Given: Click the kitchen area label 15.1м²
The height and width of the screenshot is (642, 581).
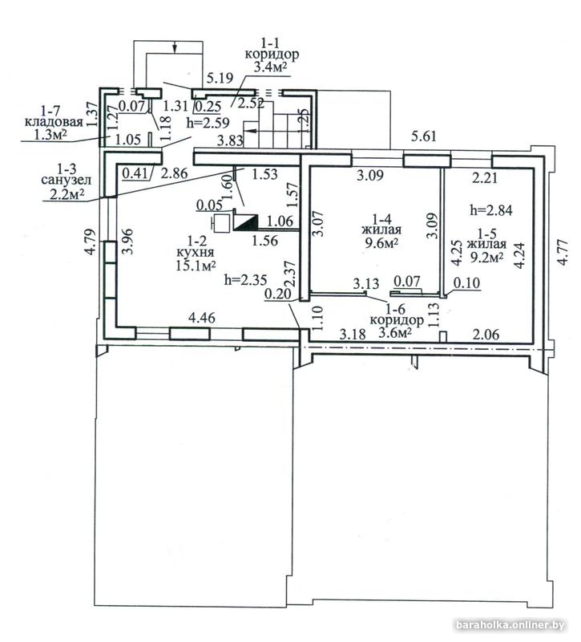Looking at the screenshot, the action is tap(196, 266).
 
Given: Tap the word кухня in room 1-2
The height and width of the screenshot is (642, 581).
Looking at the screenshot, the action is tap(196, 254).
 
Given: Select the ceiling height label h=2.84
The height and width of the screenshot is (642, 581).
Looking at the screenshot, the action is tap(491, 210).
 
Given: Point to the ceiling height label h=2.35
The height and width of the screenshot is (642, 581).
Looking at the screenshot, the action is tap(246, 280).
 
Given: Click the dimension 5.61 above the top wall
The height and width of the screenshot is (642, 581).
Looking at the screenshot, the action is tap(424, 136).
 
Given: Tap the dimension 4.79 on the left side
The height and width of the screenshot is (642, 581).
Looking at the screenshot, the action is tap(91, 242).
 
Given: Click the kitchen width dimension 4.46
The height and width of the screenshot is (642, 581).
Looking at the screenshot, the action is tap(202, 317).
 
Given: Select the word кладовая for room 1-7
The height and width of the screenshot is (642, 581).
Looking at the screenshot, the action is tap(54, 122).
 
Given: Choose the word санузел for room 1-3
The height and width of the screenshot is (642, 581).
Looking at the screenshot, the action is tap(67, 180).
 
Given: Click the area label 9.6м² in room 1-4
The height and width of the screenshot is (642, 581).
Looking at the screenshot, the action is tap(381, 244).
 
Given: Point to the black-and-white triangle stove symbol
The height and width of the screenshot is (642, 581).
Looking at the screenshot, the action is tap(245, 222).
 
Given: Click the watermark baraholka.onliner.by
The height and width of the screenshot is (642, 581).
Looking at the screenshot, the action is tap(510, 625).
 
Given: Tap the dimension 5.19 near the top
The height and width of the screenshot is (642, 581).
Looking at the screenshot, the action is tap(220, 78).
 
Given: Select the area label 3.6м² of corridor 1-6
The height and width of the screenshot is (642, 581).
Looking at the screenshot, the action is tap(395, 332).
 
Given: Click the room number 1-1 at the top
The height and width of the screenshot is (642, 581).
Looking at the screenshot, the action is tap(272, 43).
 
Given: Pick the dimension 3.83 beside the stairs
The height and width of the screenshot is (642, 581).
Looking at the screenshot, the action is tap(230, 142).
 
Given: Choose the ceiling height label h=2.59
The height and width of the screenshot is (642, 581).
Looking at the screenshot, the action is tap(208, 123).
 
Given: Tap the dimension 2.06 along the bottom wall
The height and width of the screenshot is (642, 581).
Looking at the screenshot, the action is tap(486, 335).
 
